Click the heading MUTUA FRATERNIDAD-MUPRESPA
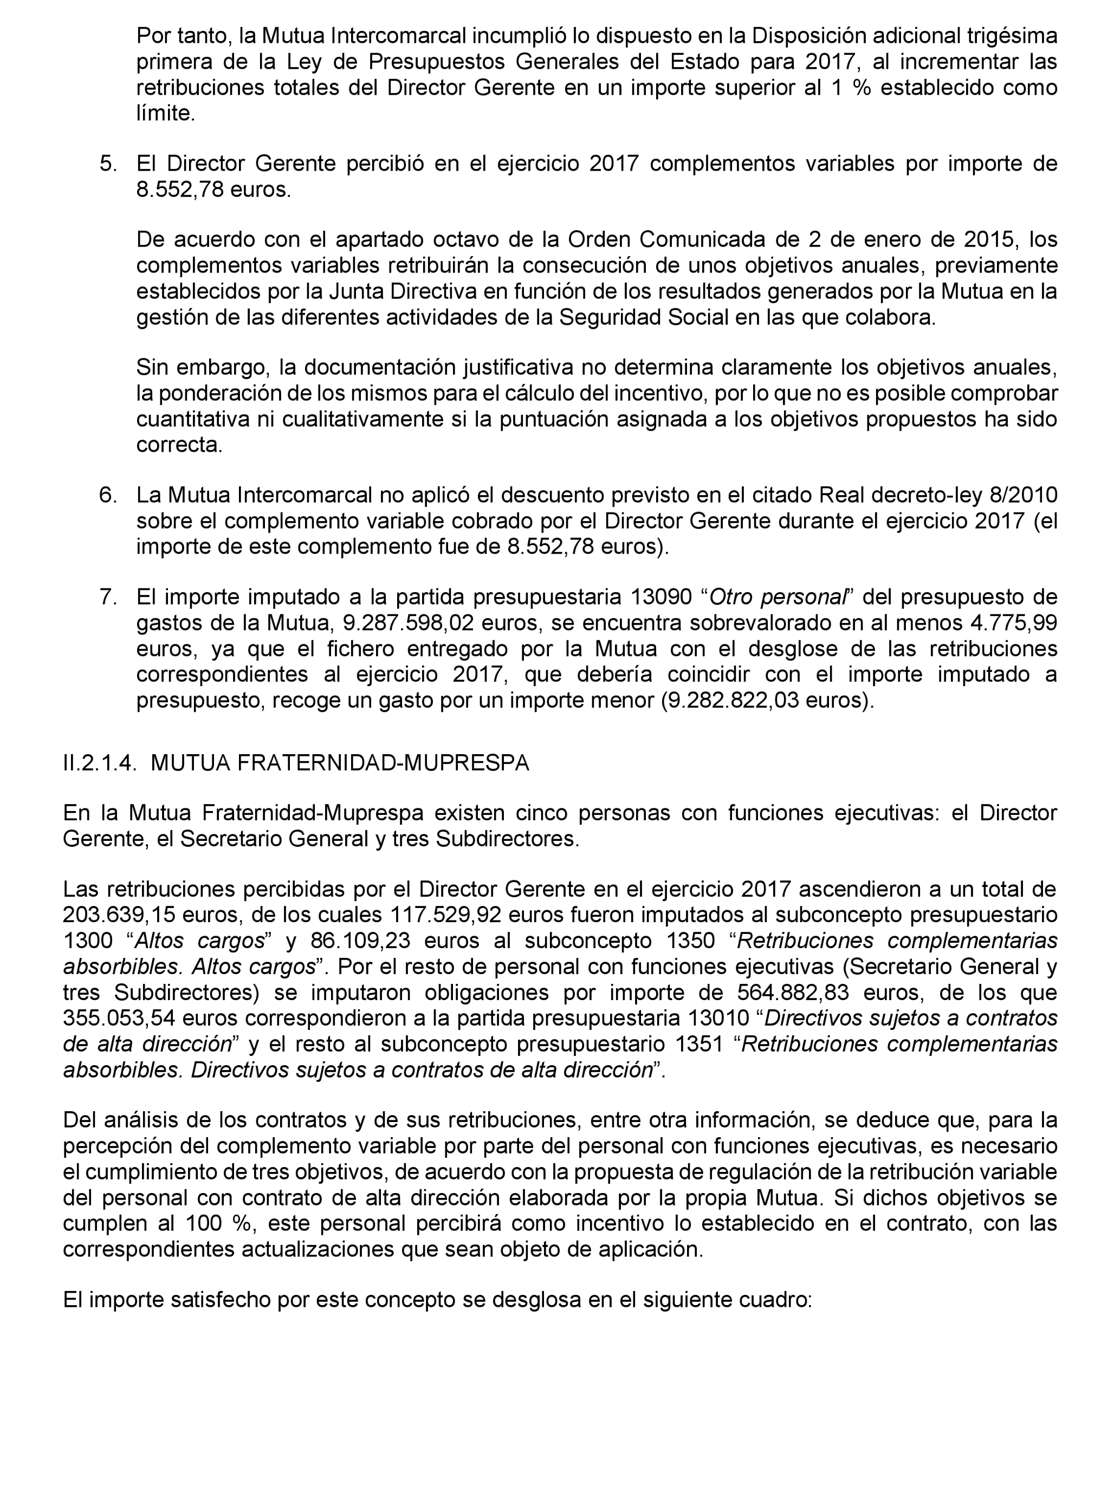[340, 762]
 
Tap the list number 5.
[107, 164]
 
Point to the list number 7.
[107, 597]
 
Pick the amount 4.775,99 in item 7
[1018, 623]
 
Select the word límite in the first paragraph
[165, 113]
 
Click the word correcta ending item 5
[179, 445]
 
